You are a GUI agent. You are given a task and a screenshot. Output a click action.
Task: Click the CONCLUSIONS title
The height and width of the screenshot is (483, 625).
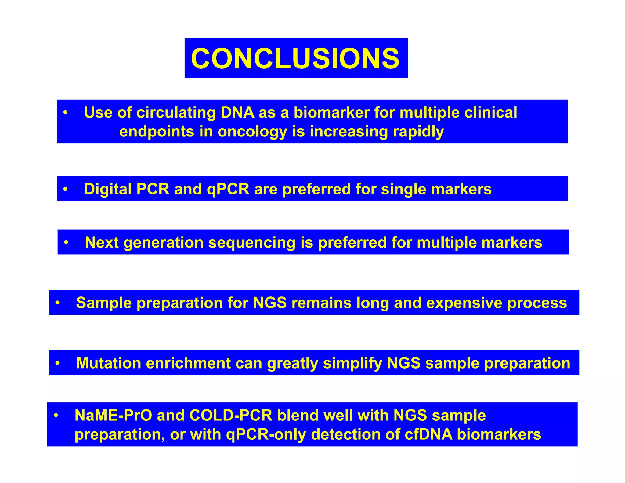(295, 58)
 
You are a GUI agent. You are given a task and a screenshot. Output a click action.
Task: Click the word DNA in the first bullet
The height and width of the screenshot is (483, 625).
(237, 112)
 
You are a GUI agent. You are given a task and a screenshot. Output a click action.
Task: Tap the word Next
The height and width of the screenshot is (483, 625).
(101, 242)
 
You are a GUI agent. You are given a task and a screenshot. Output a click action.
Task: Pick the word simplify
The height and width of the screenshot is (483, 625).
(352, 363)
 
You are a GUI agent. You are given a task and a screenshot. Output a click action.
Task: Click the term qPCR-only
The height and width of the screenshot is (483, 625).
(266, 434)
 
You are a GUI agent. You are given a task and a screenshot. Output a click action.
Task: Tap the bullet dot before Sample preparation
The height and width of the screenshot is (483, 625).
(57, 303)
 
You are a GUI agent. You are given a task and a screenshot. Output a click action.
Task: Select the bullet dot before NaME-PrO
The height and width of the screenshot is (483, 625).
(56, 416)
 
